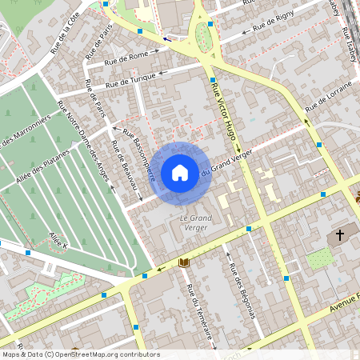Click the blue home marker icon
coord(180,172)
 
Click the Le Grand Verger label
coord(194,223)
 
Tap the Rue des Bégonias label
coord(241,288)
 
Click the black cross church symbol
coord(340,235)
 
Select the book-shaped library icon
coord(184,262)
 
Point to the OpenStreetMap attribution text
coord(80,354)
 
